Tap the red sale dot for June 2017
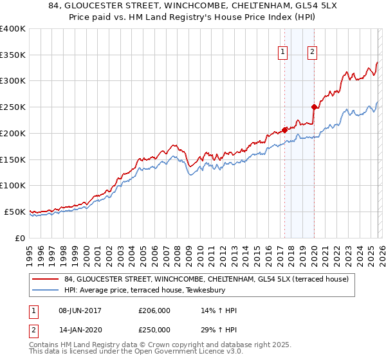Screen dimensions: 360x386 [x=284, y=130]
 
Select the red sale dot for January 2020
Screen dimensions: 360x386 [x=314, y=107]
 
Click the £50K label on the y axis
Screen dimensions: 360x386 [x=14, y=212]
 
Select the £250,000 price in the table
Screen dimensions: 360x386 [x=154, y=330]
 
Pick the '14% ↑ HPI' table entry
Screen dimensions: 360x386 [x=219, y=310]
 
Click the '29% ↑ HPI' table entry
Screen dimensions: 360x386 [x=219, y=330]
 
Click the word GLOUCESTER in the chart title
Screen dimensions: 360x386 [x=109, y=5]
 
